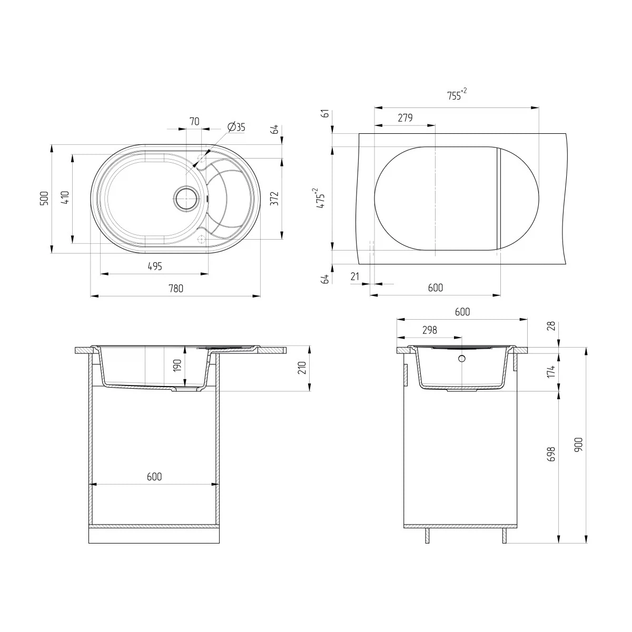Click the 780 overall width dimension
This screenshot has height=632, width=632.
pos(176,289)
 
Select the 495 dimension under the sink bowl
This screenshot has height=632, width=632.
pos(155,266)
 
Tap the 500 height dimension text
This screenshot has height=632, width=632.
pos(44,199)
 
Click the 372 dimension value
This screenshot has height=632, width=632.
pos(274,199)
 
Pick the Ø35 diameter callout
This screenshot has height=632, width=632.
pos(236,127)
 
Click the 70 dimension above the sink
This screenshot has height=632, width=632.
pos(194,121)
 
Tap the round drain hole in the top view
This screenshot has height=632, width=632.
pos(186,199)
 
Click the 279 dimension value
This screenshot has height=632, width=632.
pos(405,118)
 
